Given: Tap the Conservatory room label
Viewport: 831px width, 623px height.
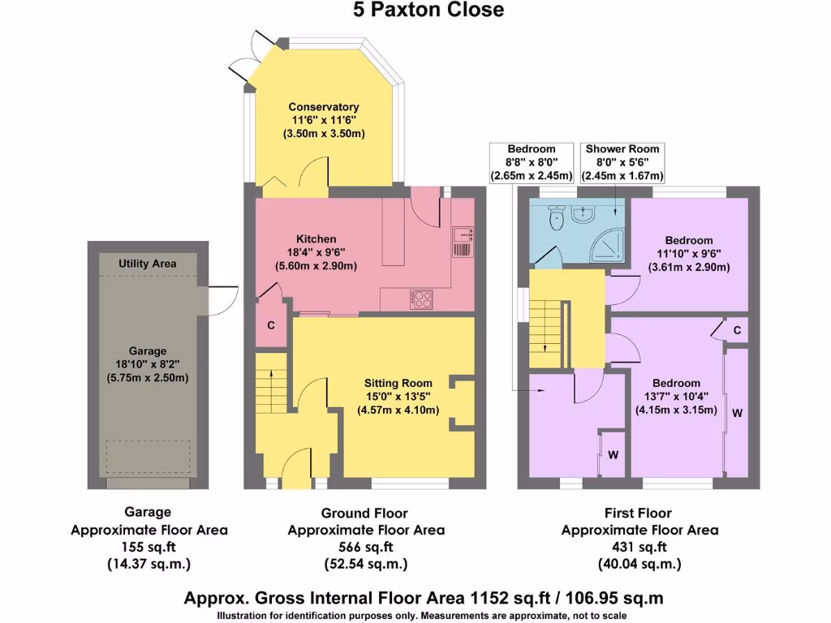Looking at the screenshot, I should [323, 107].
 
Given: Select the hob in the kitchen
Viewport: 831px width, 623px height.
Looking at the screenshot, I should [422, 299].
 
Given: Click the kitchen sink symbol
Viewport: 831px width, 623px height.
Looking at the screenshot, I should [463, 242].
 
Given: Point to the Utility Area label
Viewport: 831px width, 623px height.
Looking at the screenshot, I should [147, 264].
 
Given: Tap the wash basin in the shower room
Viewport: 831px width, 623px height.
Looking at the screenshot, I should [583, 214].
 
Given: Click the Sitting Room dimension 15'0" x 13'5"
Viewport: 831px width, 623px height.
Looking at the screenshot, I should [398, 397].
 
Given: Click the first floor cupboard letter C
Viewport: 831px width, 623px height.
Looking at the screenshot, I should [737, 330].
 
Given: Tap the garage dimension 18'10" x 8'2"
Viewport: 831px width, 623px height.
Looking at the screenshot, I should [147, 365].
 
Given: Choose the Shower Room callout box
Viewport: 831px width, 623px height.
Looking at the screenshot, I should [622, 162].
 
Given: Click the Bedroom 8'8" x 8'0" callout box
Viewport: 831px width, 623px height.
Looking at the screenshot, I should [532, 162].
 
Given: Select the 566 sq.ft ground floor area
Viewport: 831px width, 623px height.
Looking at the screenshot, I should [366, 547].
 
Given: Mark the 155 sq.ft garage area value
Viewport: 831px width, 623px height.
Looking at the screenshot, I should [149, 547].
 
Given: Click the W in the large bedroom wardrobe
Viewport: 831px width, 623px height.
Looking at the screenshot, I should [737, 413].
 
